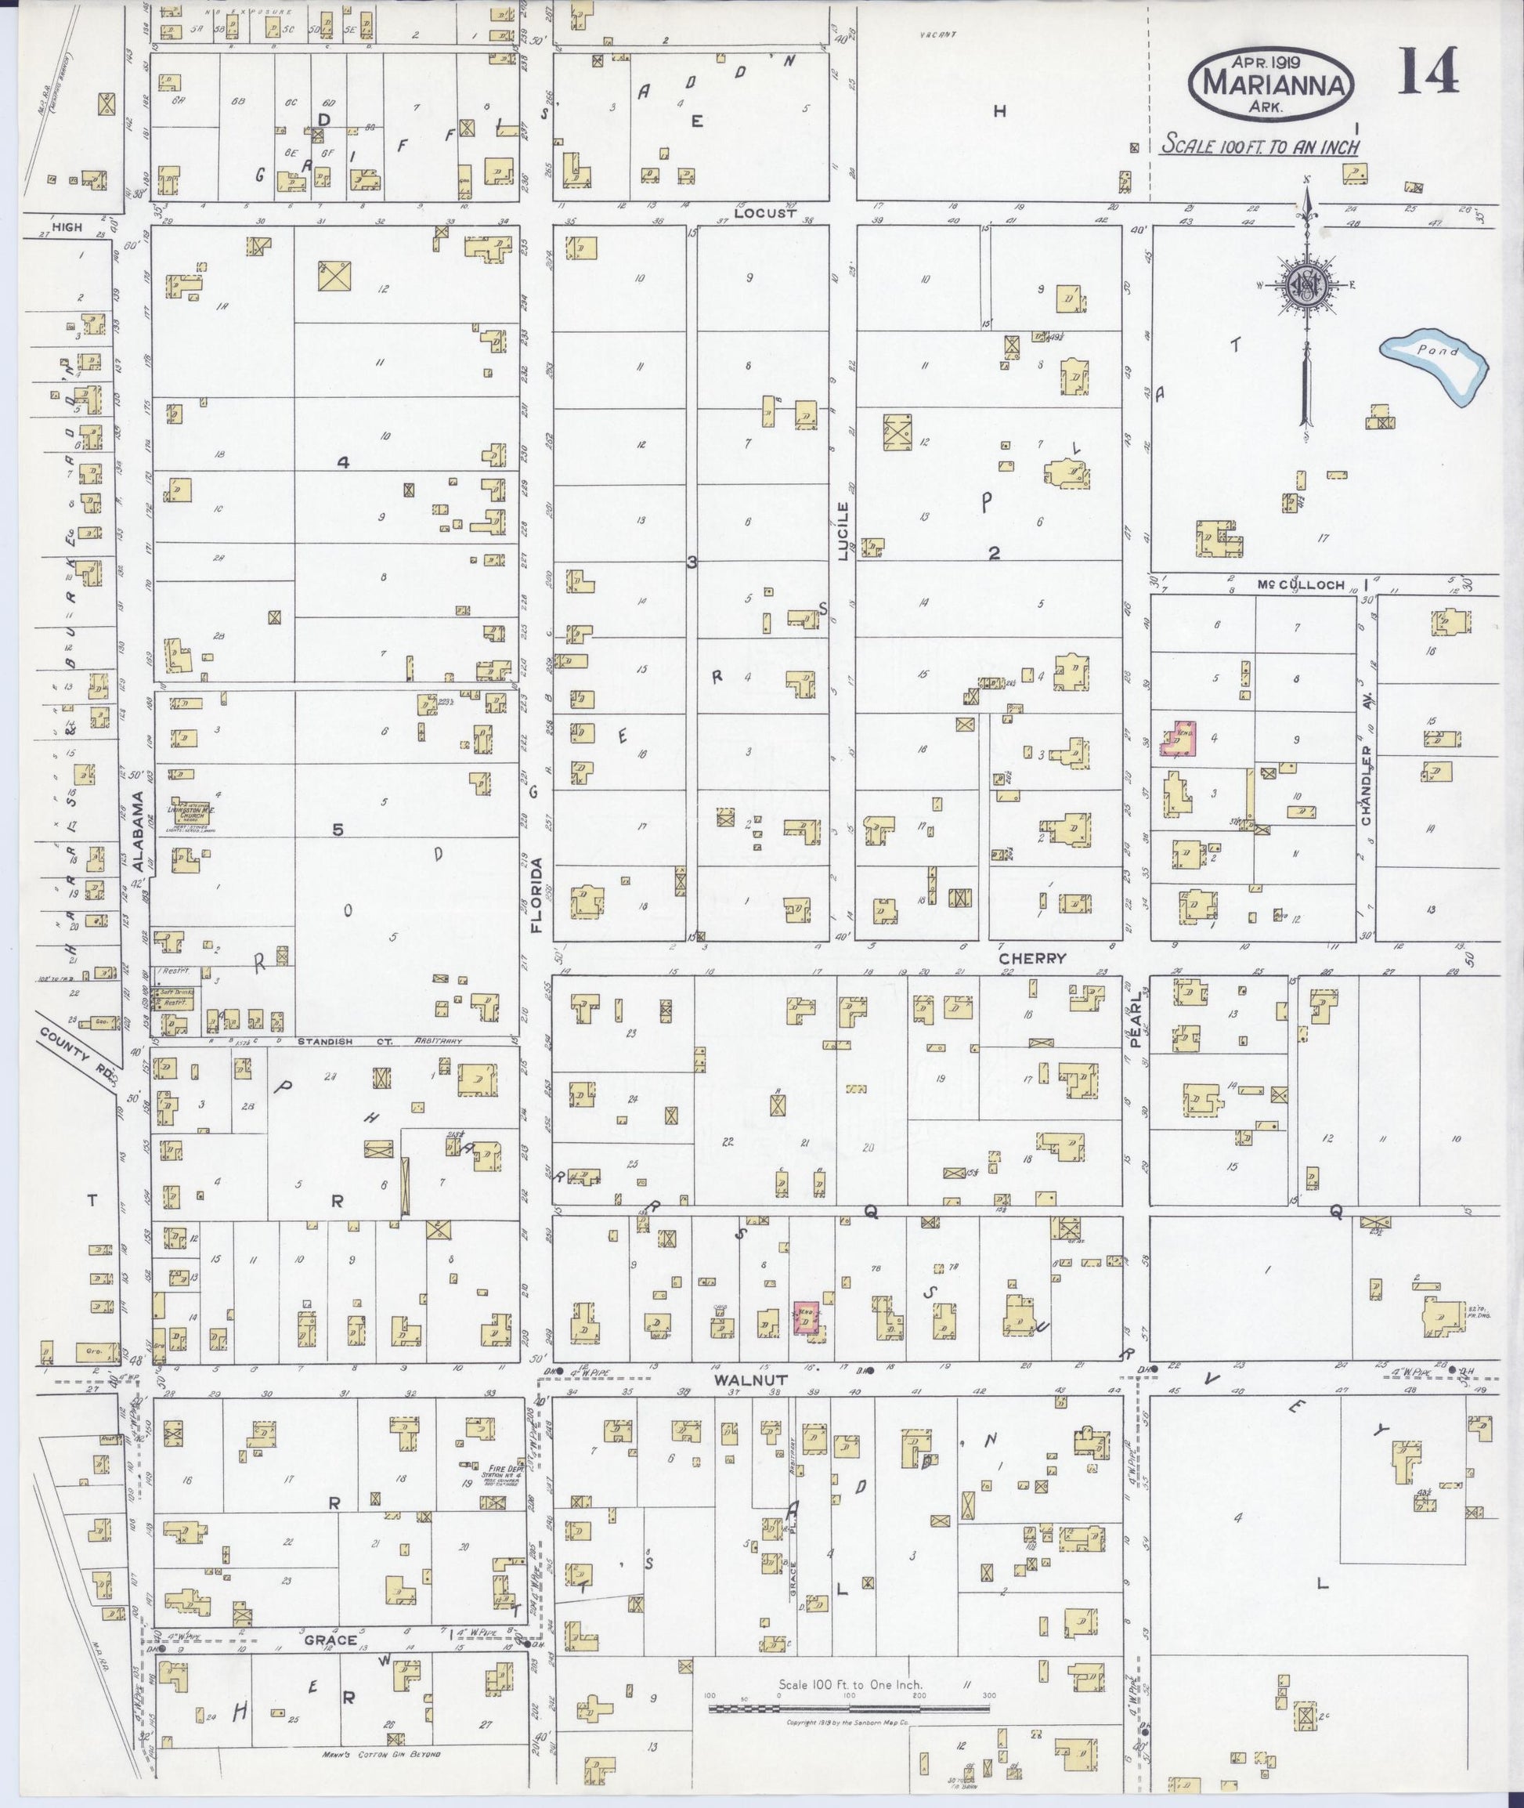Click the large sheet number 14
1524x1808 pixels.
(x=1429, y=71)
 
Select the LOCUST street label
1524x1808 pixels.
(x=764, y=212)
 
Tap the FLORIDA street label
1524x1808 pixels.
(x=537, y=895)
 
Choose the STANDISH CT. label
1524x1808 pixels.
(x=345, y=1043)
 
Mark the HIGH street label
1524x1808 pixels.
(x=67, y=227)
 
